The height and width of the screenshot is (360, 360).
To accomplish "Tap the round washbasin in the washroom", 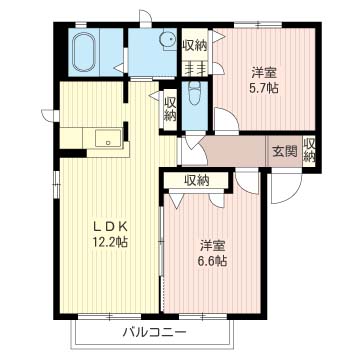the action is click(x=168, y=40).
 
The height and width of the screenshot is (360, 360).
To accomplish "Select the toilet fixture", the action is click(x=194, y=93).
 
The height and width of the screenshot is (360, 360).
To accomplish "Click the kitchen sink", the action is click(x=108, y=138).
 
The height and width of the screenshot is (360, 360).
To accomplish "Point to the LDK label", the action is click(x=110, y=227).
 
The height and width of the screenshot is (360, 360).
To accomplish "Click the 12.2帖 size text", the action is click(x=110, y=242).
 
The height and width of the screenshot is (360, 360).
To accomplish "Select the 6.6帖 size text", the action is click(x=213, y=261).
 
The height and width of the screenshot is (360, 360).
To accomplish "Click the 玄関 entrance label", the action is click(x=285, y=152).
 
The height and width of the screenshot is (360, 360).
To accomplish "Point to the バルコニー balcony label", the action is click(x=154, y=332).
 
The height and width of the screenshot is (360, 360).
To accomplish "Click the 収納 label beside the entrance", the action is click(x=309, y=150).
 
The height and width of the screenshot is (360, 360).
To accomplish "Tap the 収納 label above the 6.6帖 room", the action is click(x=197, y=181).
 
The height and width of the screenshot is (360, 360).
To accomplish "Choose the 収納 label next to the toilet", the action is click(x=170, y=109).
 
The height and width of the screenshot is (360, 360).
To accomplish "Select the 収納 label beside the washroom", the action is click(x=195, y=46).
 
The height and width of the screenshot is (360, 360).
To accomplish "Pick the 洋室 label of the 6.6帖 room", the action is click(x=213, y=246).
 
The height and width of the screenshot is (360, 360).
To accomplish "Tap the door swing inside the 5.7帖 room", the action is click(x=227, y=120).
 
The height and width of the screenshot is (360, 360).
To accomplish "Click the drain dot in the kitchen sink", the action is click(x=108, y=143).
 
